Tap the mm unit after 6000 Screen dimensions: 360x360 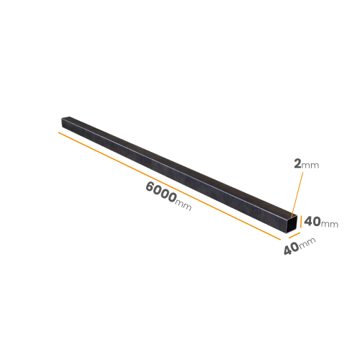tap(184, 206)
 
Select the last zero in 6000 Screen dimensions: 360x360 tap(171, 197)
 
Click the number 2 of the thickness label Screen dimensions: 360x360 tap(297, 164)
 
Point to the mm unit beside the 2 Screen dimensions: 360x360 tap(310, 166)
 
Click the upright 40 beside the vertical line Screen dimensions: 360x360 tap(312, 222)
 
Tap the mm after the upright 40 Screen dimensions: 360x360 tap(330, 225)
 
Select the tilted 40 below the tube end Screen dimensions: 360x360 tap(292, 248)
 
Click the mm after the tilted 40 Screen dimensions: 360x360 tap(307, 242)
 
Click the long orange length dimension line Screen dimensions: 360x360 tap(169, 186)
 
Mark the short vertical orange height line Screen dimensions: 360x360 tap(301, 222)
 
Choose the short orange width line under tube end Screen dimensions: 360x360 tap(294, 235)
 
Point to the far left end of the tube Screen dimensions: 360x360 tap(62, 122)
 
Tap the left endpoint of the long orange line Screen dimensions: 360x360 tap(58, 132)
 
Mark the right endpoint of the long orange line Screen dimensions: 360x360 tap(281, 240)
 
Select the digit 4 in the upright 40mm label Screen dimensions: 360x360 tap(308, 222)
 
